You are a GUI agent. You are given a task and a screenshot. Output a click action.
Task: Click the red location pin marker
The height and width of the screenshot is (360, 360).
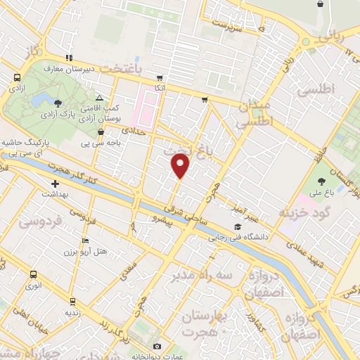(x=181, y=165)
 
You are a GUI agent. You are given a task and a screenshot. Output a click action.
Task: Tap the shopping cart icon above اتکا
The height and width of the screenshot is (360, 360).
(x=160, y=78)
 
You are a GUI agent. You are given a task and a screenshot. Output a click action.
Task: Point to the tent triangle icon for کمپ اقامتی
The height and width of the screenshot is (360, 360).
(x=100, y=97)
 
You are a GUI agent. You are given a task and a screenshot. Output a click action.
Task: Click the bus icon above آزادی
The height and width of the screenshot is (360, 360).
(x=17, y=79)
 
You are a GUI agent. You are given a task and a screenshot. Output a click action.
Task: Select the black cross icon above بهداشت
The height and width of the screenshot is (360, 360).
(x=56, y=183)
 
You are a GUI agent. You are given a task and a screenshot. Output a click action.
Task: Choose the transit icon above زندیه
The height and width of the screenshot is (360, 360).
(x=70, y=300)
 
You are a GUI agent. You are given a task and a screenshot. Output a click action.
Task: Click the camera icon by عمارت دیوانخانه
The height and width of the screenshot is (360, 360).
(x=157, y=346)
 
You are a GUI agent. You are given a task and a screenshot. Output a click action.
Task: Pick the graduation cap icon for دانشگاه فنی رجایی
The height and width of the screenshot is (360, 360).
(x=238, y=227)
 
